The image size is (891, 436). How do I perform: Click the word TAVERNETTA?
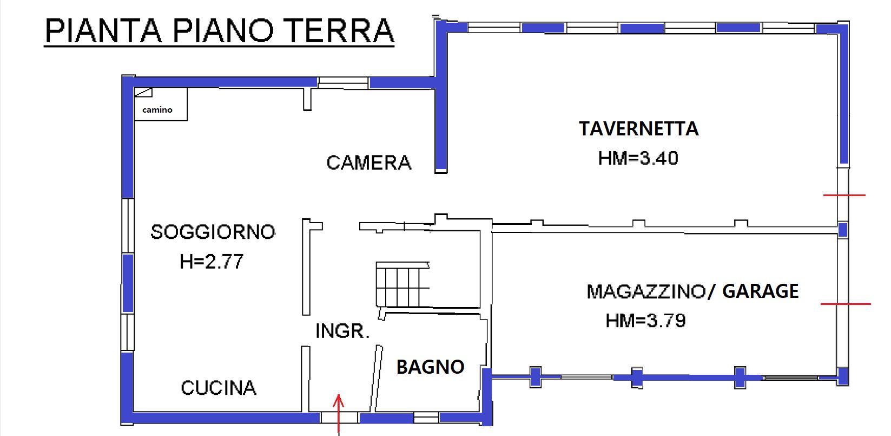pos(638,129)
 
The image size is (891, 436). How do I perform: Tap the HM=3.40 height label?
pos(638,158)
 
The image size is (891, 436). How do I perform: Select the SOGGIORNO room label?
pos(213,232)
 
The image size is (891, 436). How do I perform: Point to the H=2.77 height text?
pos(211,262)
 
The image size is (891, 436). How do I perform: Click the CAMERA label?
pos(369,163)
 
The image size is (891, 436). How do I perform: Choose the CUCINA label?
pos(219,388)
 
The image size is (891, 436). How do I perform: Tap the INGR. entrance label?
pos(342,331)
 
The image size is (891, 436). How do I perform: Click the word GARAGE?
pos(760,291)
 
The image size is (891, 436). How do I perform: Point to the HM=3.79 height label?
pos(645,321)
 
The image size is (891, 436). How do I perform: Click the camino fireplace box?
pos(161,104)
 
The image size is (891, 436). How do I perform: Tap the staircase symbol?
pos(402,284)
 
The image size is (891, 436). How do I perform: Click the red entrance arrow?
pos(339,414)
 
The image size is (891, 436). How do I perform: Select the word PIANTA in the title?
pos(103,30)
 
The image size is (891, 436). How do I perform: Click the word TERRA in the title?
pos(340,30)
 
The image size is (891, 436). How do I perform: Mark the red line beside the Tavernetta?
pos(844,195)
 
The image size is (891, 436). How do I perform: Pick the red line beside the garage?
pos(846,304)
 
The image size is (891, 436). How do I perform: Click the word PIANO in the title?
pos(223,30)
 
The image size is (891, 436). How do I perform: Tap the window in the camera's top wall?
pos(343,83)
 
